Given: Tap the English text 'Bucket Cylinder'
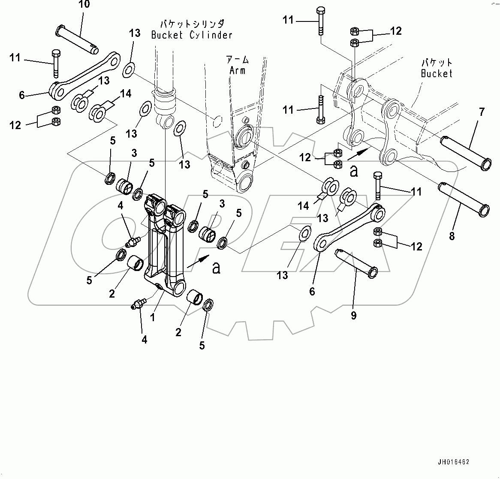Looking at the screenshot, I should pyautogui.click(x=192, y=35).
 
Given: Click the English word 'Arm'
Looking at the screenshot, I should pyautogui.click(x=237, y=70).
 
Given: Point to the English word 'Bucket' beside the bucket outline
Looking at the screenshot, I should pyautogui.click(x=437, y=73).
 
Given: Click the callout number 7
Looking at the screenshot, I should pyautogui.click(x=482, y=112).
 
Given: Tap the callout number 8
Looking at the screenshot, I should pyautogui.click(x=452, y=235).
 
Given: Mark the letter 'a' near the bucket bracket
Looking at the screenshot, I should pyautogui.click(x=354, y=171).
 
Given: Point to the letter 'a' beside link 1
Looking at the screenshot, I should pyautogui.click(x=217, y=268).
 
